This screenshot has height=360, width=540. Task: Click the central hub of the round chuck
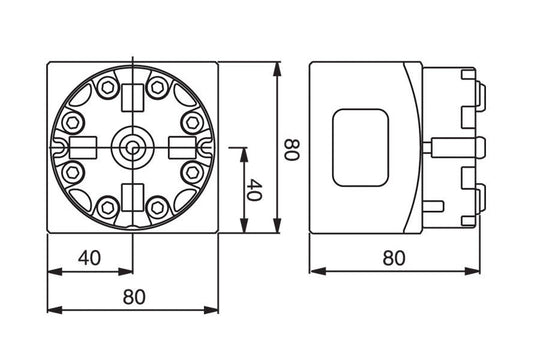point(132,146)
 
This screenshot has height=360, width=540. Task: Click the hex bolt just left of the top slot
point(107,87)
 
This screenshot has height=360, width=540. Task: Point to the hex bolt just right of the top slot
point(157,87)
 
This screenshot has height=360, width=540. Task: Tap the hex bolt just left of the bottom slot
point(107,207)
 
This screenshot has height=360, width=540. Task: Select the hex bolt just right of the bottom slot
point(157,207)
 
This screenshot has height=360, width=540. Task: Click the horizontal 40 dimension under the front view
point(90,258)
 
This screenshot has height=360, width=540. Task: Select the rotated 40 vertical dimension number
point(254,190)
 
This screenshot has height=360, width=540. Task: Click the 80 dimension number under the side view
point(395,258)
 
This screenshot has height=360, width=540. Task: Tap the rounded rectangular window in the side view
point(358,148)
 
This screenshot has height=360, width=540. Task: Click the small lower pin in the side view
point(437,206)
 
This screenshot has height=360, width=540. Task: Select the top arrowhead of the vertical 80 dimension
point(275,67)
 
